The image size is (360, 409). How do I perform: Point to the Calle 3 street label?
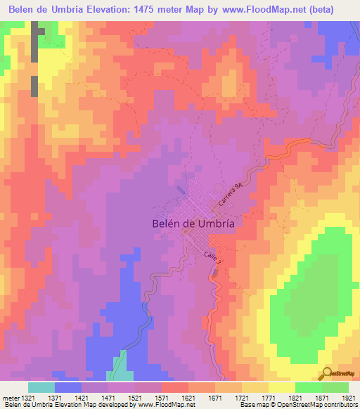213,257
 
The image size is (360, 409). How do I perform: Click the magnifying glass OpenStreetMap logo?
328,374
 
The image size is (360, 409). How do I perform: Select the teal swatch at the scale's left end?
41,387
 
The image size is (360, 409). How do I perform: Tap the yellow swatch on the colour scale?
281,387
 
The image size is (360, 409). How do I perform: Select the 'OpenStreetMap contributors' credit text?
317,405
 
